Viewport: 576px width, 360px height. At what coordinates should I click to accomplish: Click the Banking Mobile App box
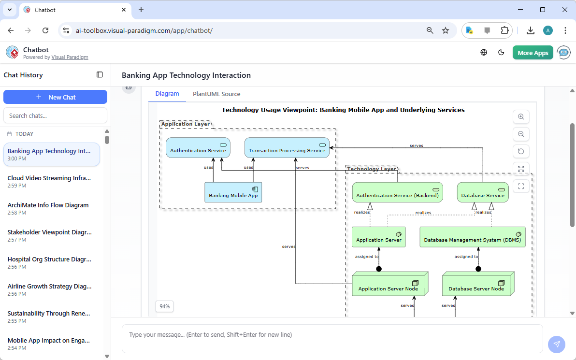pyautogui.click(x=233, y=192)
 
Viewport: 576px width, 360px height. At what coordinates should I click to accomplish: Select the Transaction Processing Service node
pyautogui.click(x=287, y=147)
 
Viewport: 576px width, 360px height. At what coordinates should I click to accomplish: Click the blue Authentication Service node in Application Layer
pyautogui.click(x=198, y=147)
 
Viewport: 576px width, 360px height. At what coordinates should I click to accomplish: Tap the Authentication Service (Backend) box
pyautogui.click(x=397, y=192)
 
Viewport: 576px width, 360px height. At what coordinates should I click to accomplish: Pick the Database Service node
pyautogui.click(x=482, y=192)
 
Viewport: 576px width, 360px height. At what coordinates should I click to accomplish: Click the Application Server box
pyautogui.click(x=379, y=237)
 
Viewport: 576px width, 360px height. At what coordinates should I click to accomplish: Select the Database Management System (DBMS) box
pyautogui.click(x=472, y=237)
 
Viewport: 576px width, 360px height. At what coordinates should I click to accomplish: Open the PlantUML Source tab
pyautogui.click(x=216, y=94)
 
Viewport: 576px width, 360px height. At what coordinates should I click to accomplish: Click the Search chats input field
pyautogui.click(x=55, y=115)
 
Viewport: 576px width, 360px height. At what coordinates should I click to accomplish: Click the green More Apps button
pyautogui.click(x=533, y=53)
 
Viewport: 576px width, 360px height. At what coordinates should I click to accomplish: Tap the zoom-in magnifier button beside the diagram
pyautogui.click(x=521, y=117)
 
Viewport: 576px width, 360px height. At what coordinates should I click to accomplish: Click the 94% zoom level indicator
pyautogui.click(x=164, y=306)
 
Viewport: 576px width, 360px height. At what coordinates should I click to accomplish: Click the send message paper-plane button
pyautogui.click(x=556, y=344)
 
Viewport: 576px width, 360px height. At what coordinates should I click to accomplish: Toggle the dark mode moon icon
pyautogui.click(x=501, y=53)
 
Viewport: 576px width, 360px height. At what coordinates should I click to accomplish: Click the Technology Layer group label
pyautogui.click(x=371, y=169)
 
